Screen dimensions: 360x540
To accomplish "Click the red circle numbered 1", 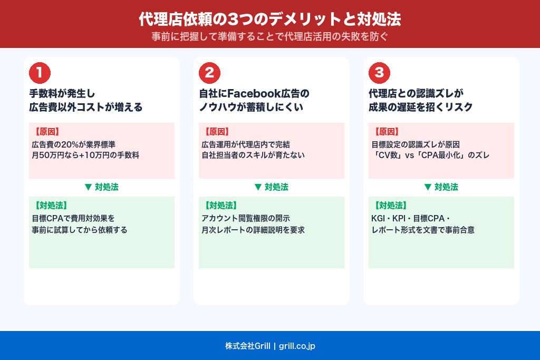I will (x=40, y=73).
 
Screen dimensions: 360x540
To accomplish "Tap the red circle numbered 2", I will (x=209, y=73).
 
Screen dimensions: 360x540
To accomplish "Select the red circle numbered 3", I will (x=379, y=73).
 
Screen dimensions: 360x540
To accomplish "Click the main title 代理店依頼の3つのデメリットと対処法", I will (x=269, y=20).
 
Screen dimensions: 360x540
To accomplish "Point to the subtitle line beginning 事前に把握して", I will (x=269, y=37).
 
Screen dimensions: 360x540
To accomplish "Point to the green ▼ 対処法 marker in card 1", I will (x=101, y=187).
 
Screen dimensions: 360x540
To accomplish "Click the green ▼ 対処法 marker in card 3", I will (x=441, y=187).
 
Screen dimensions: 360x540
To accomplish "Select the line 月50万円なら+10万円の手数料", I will (x=85, y=155).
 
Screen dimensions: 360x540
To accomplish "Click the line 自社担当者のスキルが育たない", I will (x=253, y=155).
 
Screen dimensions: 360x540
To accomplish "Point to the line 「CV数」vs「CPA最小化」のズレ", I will (x=430, y=155).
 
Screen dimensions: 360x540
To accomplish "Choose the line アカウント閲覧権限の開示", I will (x=246, y=218).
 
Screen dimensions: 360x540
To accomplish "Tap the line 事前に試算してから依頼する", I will (x=79, y=230).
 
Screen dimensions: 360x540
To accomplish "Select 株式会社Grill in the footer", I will (x=247, y=346).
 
